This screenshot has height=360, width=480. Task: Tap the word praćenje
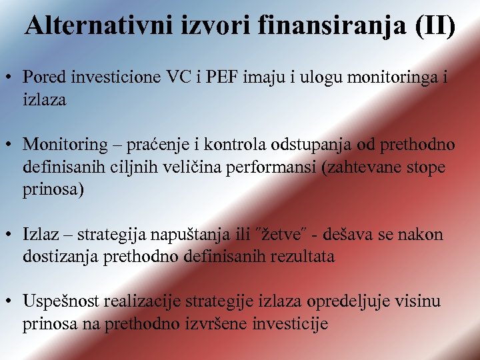coord(155,144)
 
